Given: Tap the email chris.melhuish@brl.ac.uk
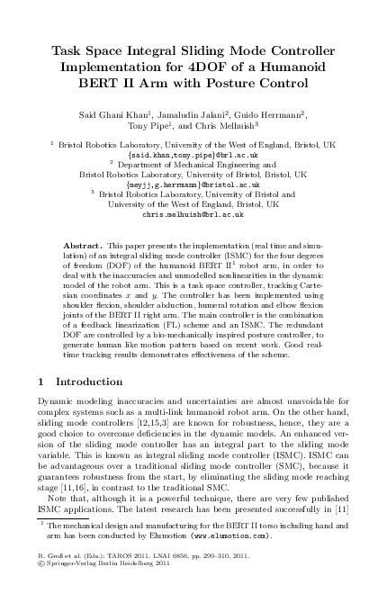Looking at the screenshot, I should click(x=193, y=214).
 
